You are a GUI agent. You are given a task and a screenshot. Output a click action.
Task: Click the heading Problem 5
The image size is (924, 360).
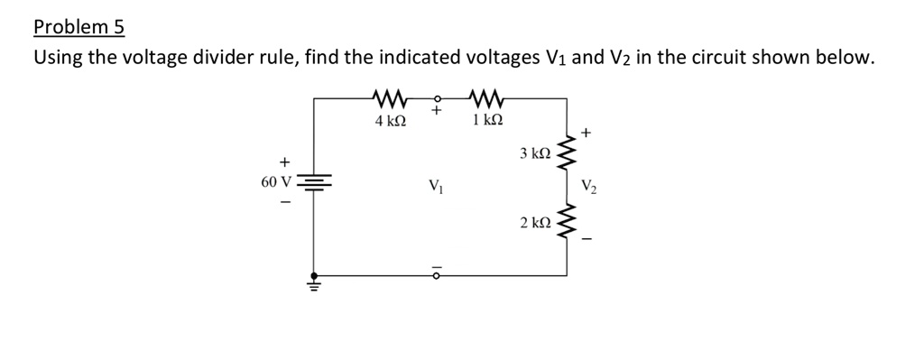(x=78, y=26)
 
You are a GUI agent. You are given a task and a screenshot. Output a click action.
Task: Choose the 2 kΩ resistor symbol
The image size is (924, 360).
(x=568, y=222)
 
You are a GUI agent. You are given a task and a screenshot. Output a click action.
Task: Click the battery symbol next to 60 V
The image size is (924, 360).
(x=314, y=183)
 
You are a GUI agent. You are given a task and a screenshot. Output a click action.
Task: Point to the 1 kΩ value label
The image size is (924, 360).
(x=487, y=120)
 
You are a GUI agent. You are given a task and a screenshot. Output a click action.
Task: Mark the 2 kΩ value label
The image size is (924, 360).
(x=534, y=222)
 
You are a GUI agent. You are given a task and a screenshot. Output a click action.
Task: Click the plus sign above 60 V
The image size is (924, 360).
(x=284, y=162)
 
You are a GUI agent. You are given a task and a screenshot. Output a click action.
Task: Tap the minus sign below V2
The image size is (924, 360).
(x=587, y=239)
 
